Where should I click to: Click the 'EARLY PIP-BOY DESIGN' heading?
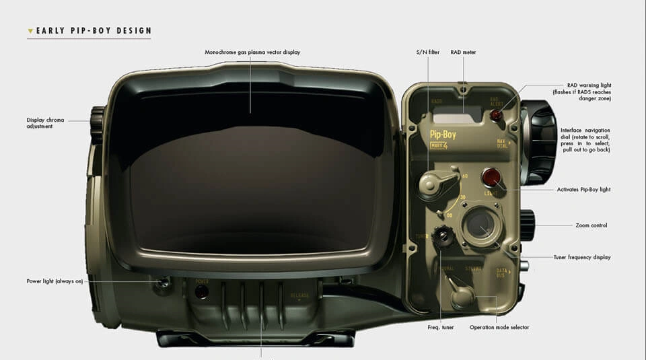(93, 31)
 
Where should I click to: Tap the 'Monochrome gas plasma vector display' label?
(252, 52)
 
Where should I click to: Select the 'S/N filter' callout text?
(427, 52)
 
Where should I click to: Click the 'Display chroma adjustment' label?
(46, 123)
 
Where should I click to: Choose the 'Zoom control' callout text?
(591, 225)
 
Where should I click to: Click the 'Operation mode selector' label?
(499, 328)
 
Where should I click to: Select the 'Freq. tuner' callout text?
(441, 328)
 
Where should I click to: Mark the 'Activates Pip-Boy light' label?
(583, 190)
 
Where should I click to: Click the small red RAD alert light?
(496, 115)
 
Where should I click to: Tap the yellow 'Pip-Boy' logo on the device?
(443, 135)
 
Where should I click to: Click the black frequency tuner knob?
(442, 236)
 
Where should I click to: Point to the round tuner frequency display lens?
(480, 225)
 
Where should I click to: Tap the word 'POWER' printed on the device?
(202, 281)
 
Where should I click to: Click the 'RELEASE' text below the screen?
(299, 296)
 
